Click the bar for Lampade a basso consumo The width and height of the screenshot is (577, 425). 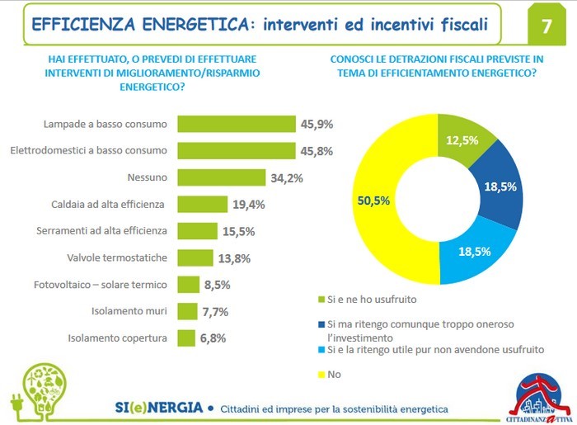237,124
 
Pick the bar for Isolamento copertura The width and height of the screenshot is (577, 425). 185,338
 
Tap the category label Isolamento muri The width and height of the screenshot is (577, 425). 129,311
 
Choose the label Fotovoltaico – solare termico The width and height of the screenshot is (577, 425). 100,285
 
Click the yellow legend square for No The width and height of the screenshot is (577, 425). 321,373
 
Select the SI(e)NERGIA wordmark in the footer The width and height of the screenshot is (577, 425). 157,408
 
